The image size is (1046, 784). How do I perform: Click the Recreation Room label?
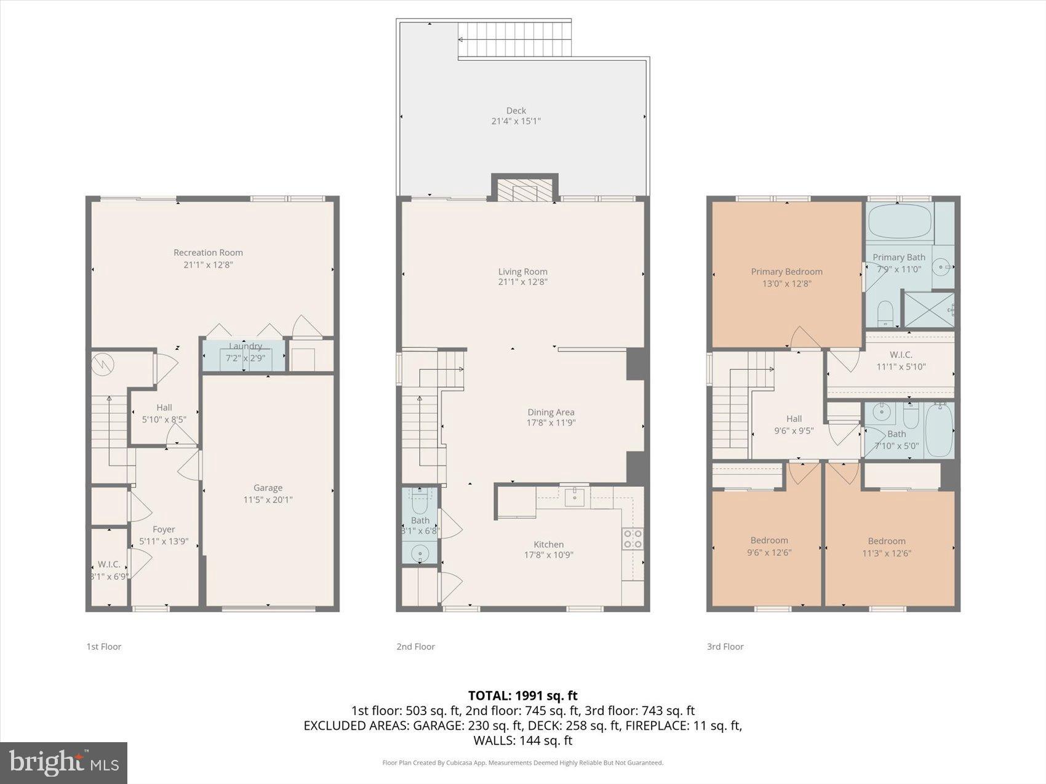[208, 252]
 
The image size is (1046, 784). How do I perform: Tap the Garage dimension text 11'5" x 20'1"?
[268, 500]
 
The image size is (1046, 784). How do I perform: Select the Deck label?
[516, 111]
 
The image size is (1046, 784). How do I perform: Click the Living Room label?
[522, 271]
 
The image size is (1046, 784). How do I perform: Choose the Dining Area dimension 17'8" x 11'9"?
[551, 423]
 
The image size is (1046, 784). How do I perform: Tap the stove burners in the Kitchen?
[633, 539]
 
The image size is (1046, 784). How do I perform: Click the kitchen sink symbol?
[574, 497]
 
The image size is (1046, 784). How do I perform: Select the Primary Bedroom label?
[786, 271]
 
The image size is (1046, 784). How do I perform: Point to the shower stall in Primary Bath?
[928, 310]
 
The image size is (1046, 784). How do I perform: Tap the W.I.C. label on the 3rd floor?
[901, 355]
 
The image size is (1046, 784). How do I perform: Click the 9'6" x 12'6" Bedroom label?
[769, 540]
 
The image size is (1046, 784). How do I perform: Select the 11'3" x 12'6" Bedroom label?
[887, 541]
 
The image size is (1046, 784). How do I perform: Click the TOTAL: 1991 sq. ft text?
[522, 695]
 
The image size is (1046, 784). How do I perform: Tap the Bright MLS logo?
[64, 763]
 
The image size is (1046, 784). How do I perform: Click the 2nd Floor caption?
[415, 646]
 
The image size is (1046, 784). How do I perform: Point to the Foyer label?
[164, 529]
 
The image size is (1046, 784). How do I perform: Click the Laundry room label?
[245, 346]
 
